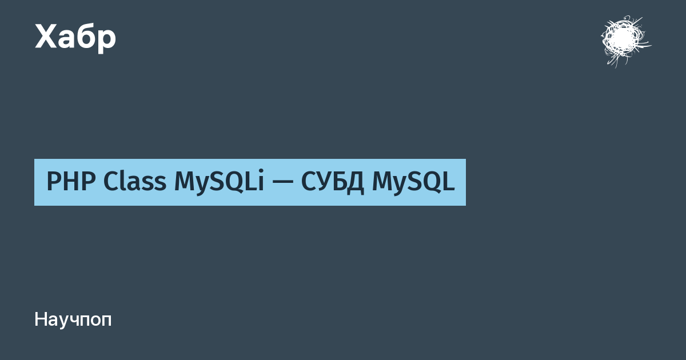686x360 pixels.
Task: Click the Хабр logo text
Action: point(75,38)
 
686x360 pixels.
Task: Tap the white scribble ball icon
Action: point(625,41)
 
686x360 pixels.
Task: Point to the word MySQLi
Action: point(219,182)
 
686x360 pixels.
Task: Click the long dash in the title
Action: point(282,182)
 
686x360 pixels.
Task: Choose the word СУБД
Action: point(333,182)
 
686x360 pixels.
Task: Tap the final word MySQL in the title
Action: point(413,182)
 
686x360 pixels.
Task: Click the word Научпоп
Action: point(73,320)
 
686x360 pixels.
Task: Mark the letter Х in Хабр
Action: point(46,37)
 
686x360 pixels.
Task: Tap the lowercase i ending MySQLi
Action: point(261,181)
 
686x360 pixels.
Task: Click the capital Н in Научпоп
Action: point(41,319)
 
